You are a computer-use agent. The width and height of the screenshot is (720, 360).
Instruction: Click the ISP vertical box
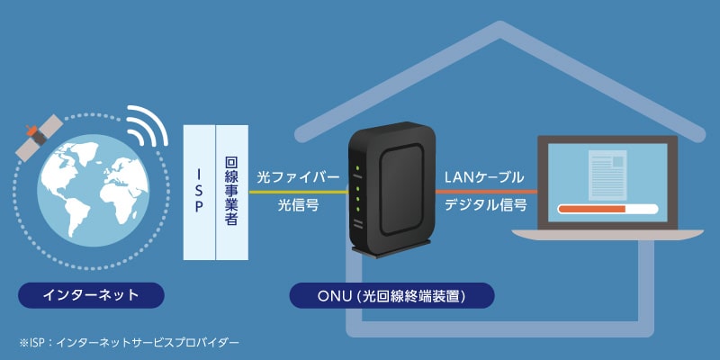199,192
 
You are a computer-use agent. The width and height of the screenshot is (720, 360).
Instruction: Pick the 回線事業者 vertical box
230,192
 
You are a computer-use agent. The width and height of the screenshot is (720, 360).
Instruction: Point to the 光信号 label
298,206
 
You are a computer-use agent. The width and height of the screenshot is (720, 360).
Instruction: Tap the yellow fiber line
297,192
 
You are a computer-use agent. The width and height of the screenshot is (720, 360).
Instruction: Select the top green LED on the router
358,168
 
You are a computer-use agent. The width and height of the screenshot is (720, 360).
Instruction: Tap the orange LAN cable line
486,192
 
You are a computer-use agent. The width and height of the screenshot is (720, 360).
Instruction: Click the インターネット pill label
91,293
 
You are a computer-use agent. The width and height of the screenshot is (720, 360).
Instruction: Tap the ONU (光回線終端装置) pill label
392,293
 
